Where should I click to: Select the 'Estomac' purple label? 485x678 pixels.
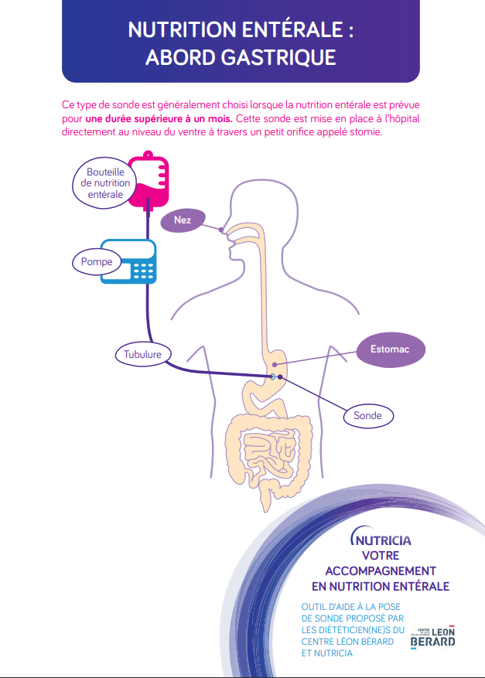[391, 350]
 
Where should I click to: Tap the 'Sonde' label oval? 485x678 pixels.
[367, 416]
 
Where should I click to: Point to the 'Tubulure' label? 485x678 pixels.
[142, 355]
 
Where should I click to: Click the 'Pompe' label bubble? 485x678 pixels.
[97, 262]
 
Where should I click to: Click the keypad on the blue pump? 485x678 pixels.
[144, 270]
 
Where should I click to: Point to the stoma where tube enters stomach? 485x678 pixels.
[272, 376]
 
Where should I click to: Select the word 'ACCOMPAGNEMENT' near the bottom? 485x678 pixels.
[380, 571]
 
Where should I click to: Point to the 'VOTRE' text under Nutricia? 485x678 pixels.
[380, 555]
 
